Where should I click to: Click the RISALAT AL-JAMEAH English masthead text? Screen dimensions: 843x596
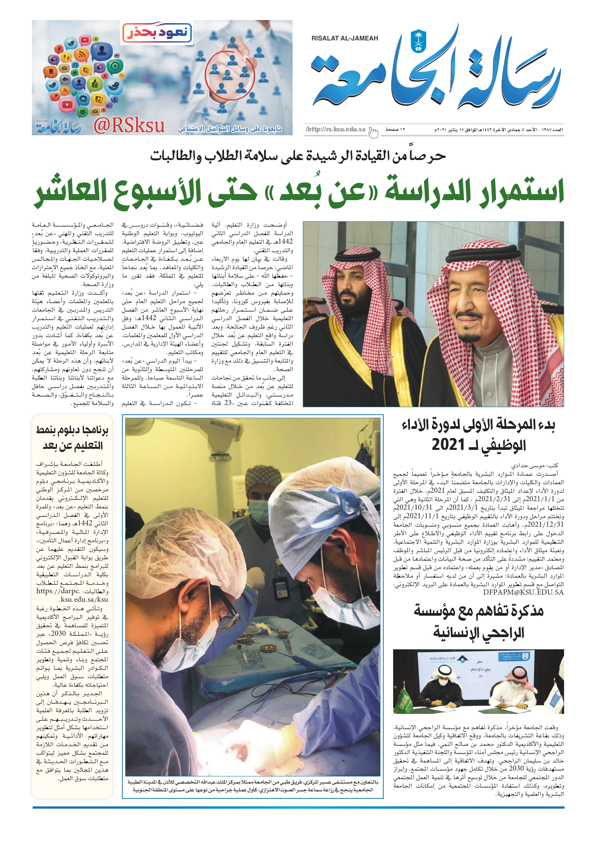[x=345, y=38]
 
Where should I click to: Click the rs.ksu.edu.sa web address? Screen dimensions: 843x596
[x=336, y=129]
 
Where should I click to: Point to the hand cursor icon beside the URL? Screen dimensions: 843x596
[x=373, y=132]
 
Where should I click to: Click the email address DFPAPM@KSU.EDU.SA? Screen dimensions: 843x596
[x=523, y=592]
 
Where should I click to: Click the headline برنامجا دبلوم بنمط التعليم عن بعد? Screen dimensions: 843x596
[x=72, y=438]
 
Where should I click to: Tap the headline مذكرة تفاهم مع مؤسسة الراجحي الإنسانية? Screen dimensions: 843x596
[x=478, y=621]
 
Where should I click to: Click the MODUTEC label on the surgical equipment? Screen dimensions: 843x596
[x=222, y=425]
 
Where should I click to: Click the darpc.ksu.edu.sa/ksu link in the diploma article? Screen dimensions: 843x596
[x=72, y=595]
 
